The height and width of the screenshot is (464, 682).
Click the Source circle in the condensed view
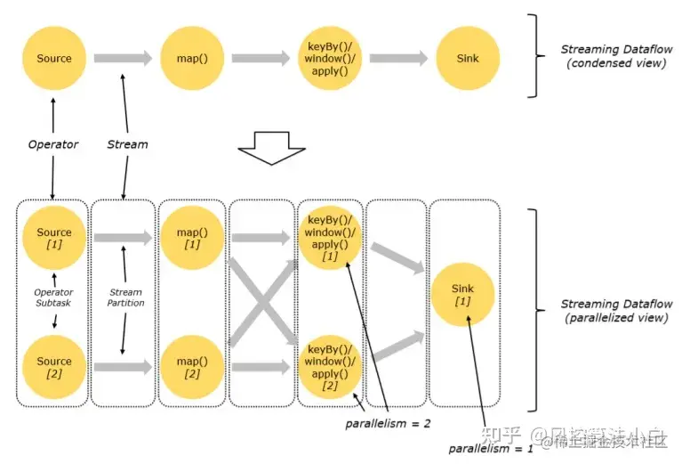53,59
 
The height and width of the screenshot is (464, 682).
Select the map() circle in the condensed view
191,59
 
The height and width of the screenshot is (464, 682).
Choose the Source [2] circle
53,367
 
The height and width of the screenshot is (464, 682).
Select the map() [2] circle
191,367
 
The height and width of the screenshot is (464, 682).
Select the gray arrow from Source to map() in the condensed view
123,59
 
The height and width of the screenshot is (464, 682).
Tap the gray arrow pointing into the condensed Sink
398,59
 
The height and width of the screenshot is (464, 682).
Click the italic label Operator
53,144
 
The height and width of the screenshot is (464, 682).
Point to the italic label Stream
127,144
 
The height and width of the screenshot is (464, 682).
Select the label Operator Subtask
53,297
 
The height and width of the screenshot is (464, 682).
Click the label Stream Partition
125,297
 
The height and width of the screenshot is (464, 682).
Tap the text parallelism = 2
388,424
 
